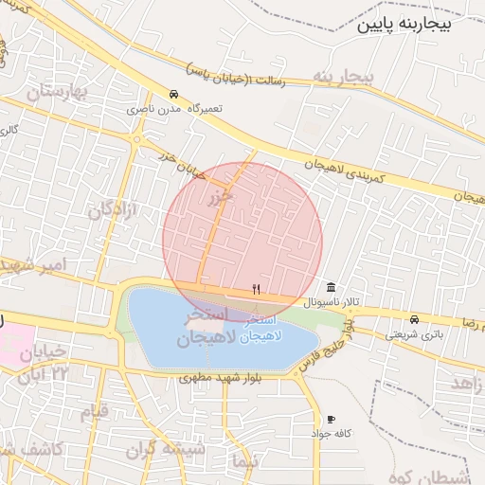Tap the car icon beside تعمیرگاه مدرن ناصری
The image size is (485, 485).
pos(173,95)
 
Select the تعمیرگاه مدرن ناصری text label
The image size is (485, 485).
pos(177,109)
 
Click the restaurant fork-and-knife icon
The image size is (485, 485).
pos(255,288)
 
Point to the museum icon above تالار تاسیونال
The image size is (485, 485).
pos(331,287)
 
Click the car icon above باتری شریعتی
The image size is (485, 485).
pos(414,319)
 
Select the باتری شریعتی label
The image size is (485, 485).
pos(414,333)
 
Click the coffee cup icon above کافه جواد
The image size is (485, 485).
pos(331,419)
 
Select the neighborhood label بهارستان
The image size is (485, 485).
pos(57,93)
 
